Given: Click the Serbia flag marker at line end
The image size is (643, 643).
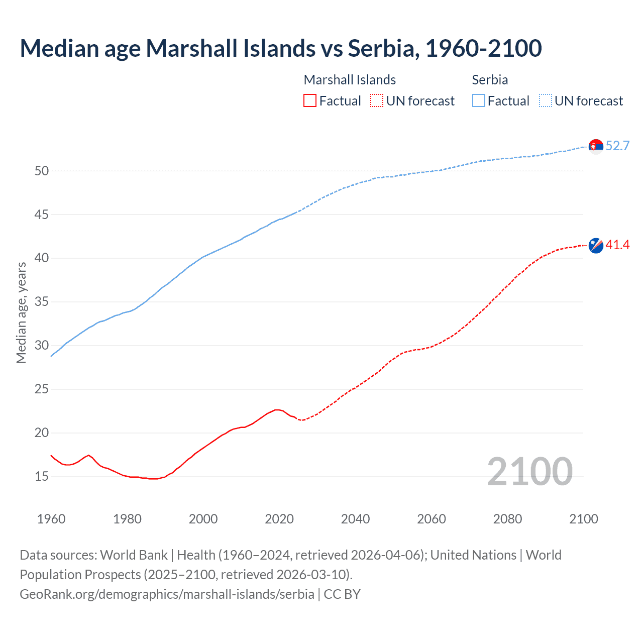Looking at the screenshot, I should coord(596,146).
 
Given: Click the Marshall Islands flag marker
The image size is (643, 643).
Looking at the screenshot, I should coord(596,246).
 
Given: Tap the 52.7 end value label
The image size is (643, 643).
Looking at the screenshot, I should coord(617,146).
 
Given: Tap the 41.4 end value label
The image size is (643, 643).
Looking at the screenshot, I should coord(617,245).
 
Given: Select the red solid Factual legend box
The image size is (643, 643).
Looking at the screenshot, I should coord(310,101).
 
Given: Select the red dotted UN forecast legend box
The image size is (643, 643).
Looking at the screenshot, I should coord(377,101).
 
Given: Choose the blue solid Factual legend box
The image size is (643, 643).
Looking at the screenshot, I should coord(479,101).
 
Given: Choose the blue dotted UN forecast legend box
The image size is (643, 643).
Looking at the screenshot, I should coord(545,101).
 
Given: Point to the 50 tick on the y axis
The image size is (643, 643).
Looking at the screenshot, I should coord(42,171).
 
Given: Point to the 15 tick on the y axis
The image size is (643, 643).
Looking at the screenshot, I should coord(42,476).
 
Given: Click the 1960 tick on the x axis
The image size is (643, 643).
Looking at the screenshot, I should coord(51,519).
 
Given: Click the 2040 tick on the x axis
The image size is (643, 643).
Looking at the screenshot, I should coord(355,519).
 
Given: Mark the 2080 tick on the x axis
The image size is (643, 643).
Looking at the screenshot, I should coord(507,519).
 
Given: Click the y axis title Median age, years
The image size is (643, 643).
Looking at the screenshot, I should coord(21,312).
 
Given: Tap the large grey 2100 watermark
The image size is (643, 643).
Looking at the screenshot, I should coord(529,471).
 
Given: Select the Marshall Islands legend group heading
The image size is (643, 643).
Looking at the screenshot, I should coord(350,80).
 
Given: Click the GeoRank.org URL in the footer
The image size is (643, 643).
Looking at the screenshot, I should coord(167,594).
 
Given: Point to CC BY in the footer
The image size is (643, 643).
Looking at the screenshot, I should coord(342,594).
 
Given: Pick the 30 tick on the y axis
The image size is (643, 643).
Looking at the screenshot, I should coord(42,346).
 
